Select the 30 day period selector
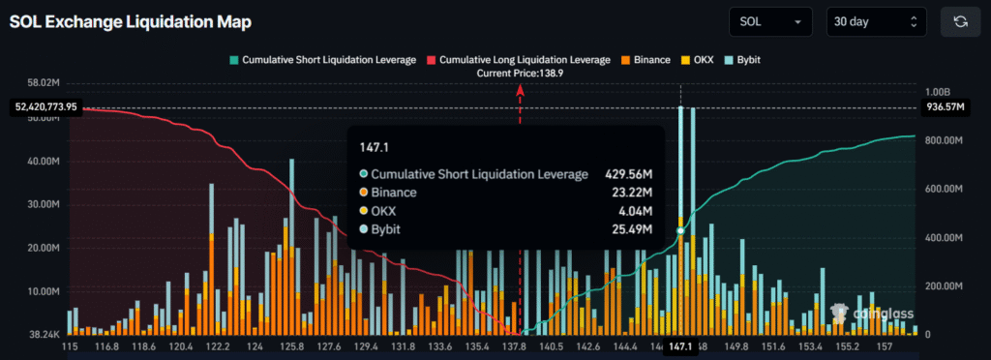click(876, 21)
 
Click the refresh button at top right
click(960, 21)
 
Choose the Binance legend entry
click(645, 60)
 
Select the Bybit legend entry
click(740, 60)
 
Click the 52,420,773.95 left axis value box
click(45, 106)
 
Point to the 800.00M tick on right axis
click(946, 141)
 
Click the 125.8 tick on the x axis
click(292, 345)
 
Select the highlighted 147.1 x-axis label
click(680, 345)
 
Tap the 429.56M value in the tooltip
click(629, 174)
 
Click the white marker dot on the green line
click(680, 230)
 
